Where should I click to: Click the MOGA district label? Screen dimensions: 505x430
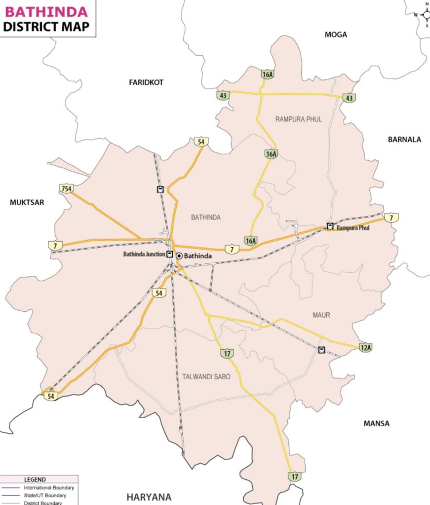[336, 35]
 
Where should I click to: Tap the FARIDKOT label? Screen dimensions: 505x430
[146, 82]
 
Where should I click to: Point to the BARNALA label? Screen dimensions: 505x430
[404, 140]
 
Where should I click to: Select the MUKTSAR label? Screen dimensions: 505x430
[27, 202]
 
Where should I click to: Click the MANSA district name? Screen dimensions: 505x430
[376, 423]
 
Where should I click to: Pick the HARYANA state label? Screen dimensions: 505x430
[149, 497]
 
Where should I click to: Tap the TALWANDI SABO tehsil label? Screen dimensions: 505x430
[206, 377]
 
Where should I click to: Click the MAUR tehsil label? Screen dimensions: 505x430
[321, 315]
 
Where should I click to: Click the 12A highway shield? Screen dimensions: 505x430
[365, 348]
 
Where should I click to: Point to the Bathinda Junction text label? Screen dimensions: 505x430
[144, 255]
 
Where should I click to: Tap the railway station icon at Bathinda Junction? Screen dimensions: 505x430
[170, 254]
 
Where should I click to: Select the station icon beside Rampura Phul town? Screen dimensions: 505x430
[330, 226]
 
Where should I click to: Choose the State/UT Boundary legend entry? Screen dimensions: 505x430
[45, 495]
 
